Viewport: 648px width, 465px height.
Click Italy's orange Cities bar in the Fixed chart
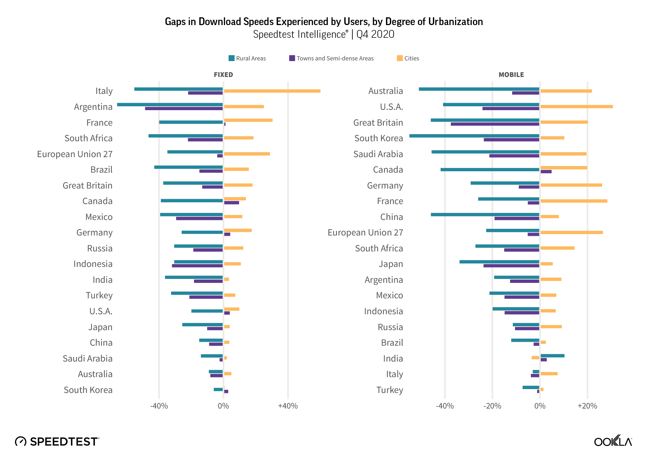point(272,91)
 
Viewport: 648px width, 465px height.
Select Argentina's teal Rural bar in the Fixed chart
point(170,105)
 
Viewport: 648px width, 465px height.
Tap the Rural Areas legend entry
point(247,58)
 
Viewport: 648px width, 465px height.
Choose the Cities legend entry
point(408,58)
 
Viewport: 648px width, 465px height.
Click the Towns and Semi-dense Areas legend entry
point(332,58)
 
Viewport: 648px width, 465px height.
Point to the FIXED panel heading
point(223,75)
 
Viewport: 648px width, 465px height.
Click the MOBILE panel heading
point(511,75)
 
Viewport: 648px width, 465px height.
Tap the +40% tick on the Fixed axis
point(288,406)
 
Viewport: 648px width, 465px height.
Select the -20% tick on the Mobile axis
point(492,406)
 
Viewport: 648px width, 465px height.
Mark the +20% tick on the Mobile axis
point(587,406)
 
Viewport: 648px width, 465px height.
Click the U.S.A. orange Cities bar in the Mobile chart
point(577,107)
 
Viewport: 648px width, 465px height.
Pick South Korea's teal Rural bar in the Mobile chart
point(474,136)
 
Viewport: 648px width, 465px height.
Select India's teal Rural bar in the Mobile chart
point(552,356)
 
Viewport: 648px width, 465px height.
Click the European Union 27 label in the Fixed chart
point(75,154)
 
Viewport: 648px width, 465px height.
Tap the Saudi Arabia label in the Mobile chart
point(378,154)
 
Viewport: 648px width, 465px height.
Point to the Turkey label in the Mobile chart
point(389,390)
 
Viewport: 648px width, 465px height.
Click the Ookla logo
point(613,441)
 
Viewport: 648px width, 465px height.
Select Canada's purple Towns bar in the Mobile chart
point(546,172)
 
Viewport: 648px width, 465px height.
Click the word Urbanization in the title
point(455,22)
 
